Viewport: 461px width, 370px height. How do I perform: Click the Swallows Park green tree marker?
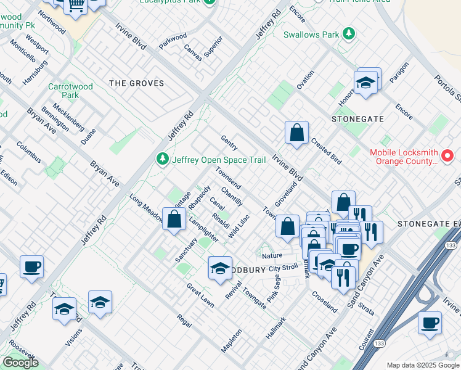(349, 34)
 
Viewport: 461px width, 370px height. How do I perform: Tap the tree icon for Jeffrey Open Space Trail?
(163, 160)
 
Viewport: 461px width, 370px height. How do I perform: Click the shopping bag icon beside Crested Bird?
(296, 133)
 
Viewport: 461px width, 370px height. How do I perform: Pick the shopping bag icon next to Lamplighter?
(174, 219)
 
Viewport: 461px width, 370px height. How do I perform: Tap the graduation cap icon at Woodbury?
(220, 268)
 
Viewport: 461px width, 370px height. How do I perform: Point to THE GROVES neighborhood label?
(136, 83)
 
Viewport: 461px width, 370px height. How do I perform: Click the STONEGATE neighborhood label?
(357, 118)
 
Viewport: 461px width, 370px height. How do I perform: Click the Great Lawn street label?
(200, 295)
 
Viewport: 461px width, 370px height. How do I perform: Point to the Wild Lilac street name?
(239, 226)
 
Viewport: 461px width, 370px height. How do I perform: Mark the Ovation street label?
(305, 80)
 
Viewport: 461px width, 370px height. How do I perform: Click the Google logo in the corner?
(20, 363)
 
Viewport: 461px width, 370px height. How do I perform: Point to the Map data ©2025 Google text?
(422, 365)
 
